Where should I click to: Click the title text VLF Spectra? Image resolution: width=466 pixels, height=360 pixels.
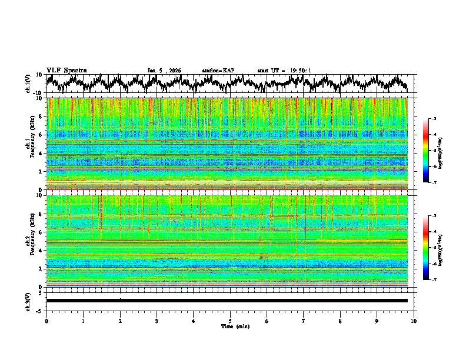66,70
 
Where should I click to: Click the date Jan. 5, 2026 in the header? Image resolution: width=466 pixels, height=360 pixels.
164,71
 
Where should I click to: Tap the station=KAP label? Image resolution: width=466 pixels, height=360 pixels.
218,71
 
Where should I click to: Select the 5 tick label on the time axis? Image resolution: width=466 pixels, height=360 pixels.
230,321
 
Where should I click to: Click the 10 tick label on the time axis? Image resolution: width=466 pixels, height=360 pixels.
414,321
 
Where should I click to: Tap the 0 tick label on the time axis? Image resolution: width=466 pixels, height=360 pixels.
46,321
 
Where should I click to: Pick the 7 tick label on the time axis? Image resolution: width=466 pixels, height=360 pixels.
304,321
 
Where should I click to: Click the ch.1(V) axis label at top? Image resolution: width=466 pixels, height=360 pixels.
28,84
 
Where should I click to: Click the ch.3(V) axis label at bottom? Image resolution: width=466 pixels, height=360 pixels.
28,300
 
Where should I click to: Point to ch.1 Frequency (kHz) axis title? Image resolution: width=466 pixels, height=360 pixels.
31,144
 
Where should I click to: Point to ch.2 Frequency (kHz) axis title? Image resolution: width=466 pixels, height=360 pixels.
31,241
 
